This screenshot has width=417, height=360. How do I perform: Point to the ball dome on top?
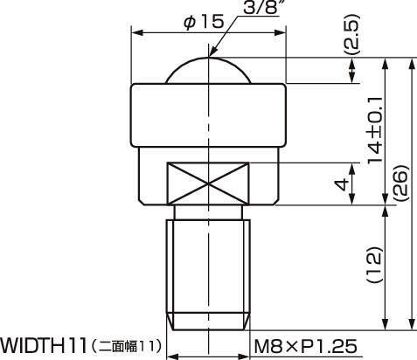(209, 72)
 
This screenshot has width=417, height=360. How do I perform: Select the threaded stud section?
(209, 271)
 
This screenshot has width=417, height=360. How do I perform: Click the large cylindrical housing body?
(209, 114)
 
